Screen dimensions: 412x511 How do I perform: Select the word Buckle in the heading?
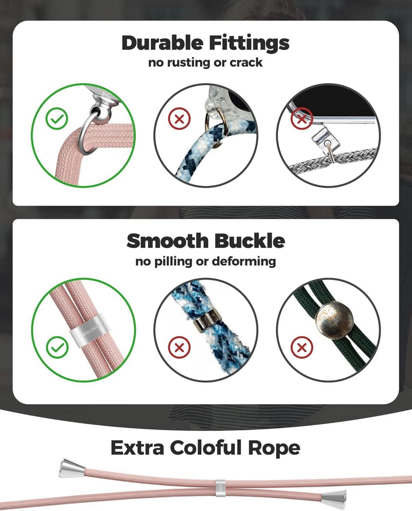click(250, 240)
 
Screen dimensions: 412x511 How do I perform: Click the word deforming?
click(244, 262)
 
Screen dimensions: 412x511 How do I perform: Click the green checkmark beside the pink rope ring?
click(57, 119)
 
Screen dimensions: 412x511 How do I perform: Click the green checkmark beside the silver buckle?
click(57, 347)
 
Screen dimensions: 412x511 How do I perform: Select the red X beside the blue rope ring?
click(179, 119)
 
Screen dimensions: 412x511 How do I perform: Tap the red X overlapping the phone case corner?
click(302, 119)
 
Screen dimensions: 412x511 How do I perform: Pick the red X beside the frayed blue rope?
click(179, 347)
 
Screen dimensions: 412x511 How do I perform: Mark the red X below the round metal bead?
click(302, 347)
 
